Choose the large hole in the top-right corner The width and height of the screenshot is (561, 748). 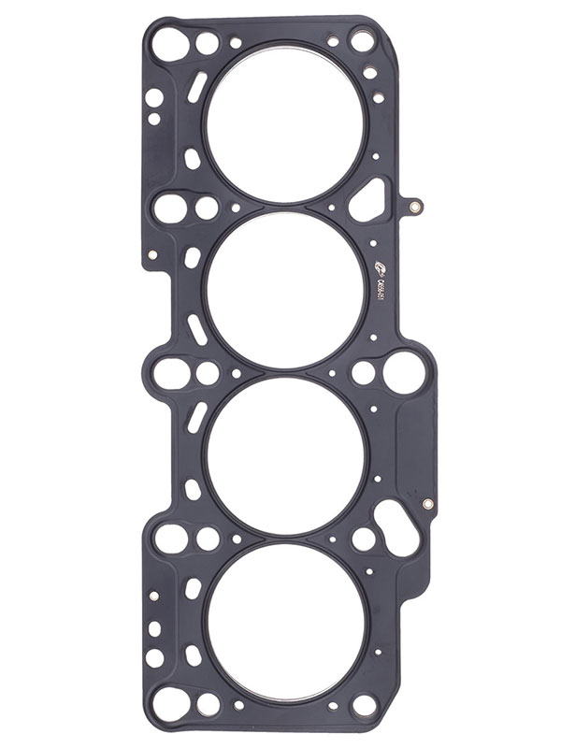[x=362, y=40]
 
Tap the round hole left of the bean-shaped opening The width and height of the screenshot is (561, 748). [x=362, y=538]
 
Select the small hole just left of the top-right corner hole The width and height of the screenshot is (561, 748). [x=332, y=40]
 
